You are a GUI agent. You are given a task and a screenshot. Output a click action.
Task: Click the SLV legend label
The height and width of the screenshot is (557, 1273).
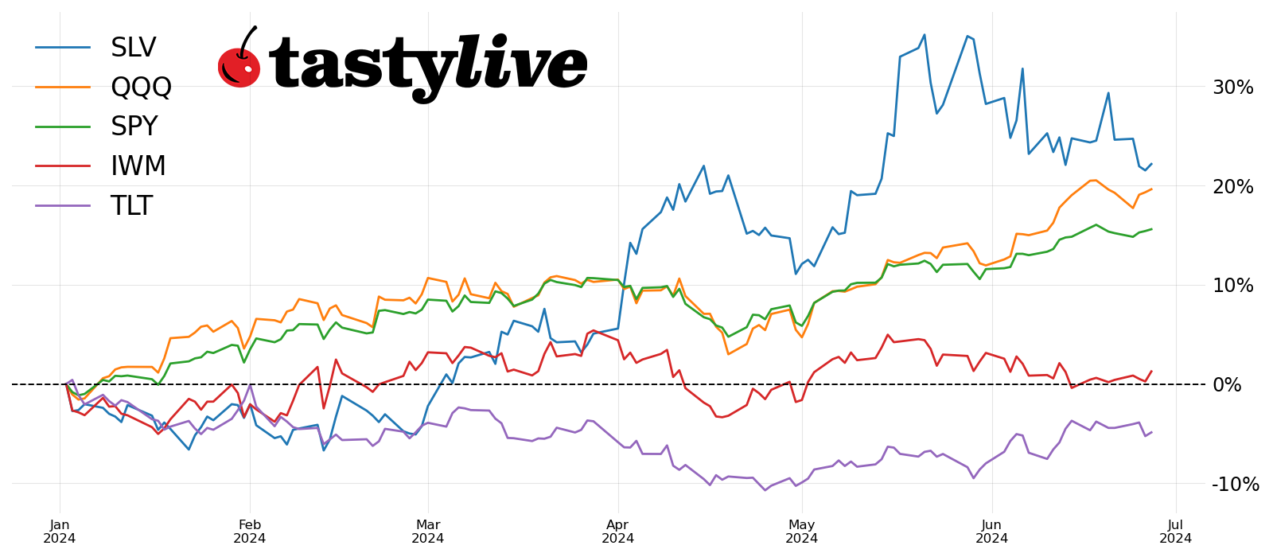click(x=133, y=48)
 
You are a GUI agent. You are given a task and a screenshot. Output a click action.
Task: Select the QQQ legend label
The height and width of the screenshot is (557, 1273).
click(x=141, y=88)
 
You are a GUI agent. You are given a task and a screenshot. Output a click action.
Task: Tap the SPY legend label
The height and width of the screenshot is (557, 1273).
click(x=134, y=127)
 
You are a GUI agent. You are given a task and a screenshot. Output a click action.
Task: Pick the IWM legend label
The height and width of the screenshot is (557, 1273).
click(x=138, y=166)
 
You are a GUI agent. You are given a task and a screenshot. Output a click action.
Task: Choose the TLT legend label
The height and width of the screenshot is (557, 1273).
click(x=131, y=206)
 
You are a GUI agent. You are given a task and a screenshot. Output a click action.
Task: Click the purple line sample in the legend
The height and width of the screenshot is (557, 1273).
click(x=63, y=206)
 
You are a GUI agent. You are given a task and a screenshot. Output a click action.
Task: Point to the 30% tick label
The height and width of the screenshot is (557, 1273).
click(x=1232, y=88)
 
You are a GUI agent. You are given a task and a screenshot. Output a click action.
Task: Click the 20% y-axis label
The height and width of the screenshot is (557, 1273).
click(x=1232, y=187)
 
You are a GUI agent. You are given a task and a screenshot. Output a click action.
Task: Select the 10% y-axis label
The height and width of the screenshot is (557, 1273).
click(x=1232, y=286)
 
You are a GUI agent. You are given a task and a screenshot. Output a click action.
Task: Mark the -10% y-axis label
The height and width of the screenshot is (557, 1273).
click(x=1235, y=484)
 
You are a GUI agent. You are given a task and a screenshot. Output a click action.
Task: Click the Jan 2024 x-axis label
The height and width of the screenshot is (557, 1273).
click(x=60, y=532)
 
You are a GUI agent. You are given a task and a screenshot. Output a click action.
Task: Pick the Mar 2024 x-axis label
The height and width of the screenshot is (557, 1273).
click(x=428, y=532)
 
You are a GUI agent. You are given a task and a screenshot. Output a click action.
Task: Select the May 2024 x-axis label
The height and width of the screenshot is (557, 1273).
click(x=802, y=532)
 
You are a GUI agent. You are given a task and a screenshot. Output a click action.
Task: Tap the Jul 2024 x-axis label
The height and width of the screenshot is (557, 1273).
click(x=1175, y=532)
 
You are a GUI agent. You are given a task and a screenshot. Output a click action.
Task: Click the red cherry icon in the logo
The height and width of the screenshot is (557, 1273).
click(x=239, y=65)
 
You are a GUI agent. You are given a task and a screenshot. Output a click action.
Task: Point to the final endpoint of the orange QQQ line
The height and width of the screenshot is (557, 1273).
click(x=1151, y=189)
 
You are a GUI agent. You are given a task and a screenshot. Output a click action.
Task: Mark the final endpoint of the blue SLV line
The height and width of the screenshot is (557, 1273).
click(x=1151, y=164)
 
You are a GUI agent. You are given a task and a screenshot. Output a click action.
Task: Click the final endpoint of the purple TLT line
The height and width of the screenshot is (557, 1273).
click(x=1151, y=432)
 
